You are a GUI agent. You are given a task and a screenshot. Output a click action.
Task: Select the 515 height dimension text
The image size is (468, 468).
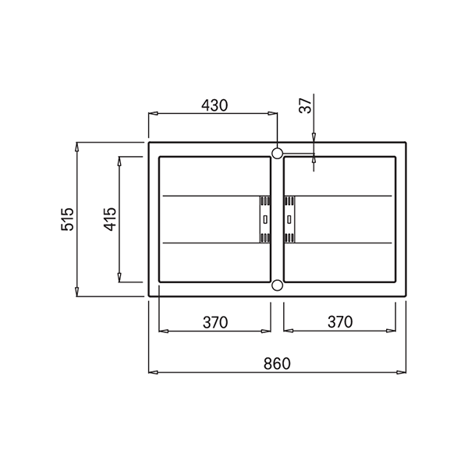68,219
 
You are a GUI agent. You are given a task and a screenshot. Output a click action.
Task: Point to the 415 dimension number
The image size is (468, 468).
109,219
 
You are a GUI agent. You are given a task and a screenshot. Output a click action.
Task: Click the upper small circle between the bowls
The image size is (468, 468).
277,152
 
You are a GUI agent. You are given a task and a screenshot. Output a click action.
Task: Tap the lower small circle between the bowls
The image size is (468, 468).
277,285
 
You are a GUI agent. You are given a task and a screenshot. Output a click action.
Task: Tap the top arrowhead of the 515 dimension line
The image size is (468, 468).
77,147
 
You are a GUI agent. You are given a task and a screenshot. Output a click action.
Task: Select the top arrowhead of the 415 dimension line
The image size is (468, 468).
119,161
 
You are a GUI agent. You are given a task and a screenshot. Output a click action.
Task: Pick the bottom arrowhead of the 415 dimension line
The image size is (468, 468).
119,278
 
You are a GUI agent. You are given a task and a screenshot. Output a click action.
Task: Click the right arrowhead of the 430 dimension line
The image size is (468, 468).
273,115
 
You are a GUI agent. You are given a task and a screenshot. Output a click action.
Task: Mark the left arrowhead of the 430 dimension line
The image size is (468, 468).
153,115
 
